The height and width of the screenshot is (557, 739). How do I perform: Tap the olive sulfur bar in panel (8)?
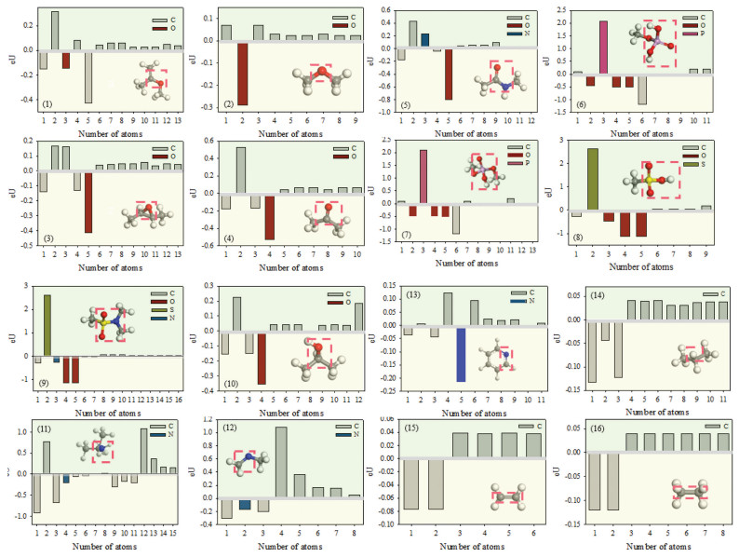coord(618,178)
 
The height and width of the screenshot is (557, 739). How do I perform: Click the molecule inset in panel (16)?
coord(691,489)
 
